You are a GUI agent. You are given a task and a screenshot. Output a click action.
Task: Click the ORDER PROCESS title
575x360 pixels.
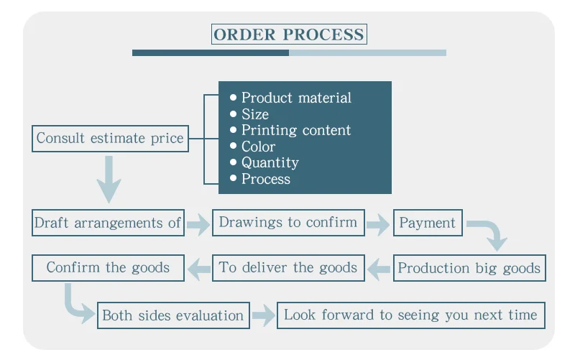pyautogui.click(x=289, y=34)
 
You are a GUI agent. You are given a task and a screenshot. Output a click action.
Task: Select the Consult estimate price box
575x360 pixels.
pyautogui.click(x=110, y=139)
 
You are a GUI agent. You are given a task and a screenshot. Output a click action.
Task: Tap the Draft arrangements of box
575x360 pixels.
pyautogui.click(x=108, y=223)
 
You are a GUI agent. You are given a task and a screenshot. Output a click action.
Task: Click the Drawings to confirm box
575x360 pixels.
pyautogui.click(x=288, y=223)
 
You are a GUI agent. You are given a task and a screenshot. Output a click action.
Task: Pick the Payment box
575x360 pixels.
pyautogui.click(x=428, y=223)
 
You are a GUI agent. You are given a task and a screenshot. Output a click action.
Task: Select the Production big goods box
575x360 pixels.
pyautogui.click(x=469, y=268)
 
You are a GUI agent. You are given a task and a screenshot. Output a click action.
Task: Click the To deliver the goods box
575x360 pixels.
pyautogui.click(x=288, y=268)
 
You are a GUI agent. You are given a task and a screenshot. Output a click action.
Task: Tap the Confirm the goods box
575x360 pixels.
pyautogui.click(x=108, y=268)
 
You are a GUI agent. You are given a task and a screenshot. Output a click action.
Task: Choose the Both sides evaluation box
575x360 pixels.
pyautogui.click(x=173, y=315)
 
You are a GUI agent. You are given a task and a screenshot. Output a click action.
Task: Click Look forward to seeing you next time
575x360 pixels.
pyautogui.click(x=410, y=315)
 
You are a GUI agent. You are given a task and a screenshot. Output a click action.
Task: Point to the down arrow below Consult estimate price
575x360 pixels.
pyautogui.click(x=109, y=179)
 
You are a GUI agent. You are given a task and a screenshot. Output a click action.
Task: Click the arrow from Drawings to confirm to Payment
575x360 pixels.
pyautogui.click(x=378, y=224)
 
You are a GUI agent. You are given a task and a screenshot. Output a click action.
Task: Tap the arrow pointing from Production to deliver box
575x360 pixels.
pyautogui.click(x=379, y=269)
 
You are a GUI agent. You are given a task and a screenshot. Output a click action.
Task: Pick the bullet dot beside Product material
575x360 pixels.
pyautogui.click(x=233, y=98)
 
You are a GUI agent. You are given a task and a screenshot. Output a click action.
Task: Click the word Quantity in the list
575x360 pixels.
pyautogui.click(x=270, y=163)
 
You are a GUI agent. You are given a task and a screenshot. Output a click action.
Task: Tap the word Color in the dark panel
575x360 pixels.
pyautogui.click(x=258, y=147)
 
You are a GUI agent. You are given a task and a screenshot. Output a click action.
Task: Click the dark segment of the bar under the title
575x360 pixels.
pyautogui.click(x=211, y=53)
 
